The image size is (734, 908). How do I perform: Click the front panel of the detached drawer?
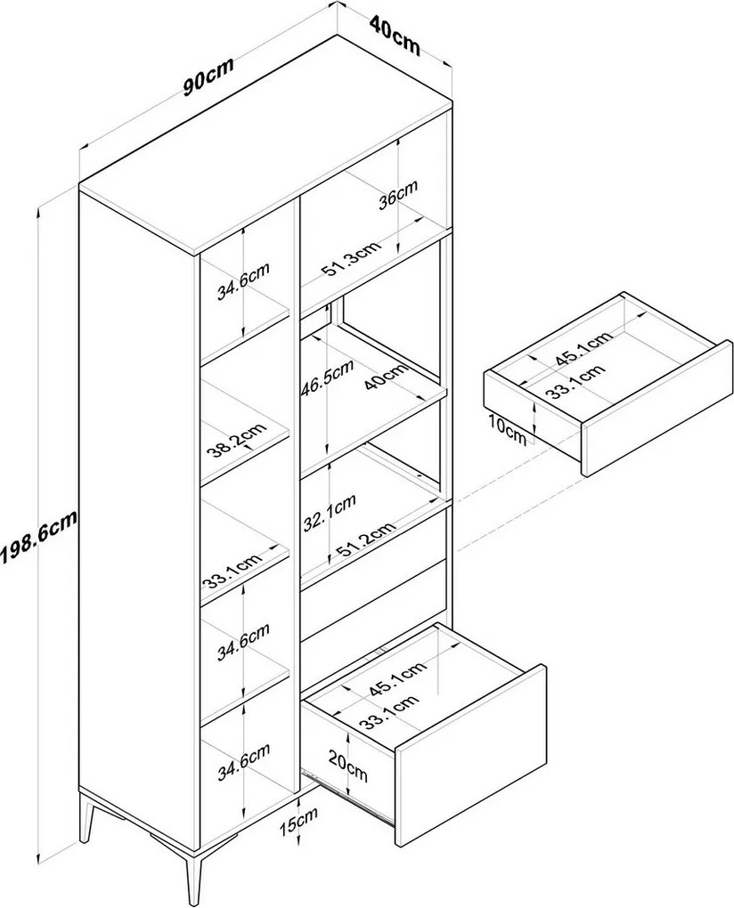(x=656, y=409)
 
